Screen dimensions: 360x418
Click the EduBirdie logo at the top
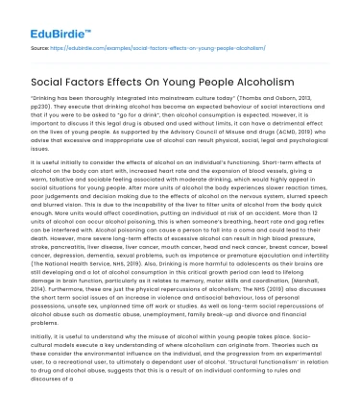(x=47, y=18)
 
